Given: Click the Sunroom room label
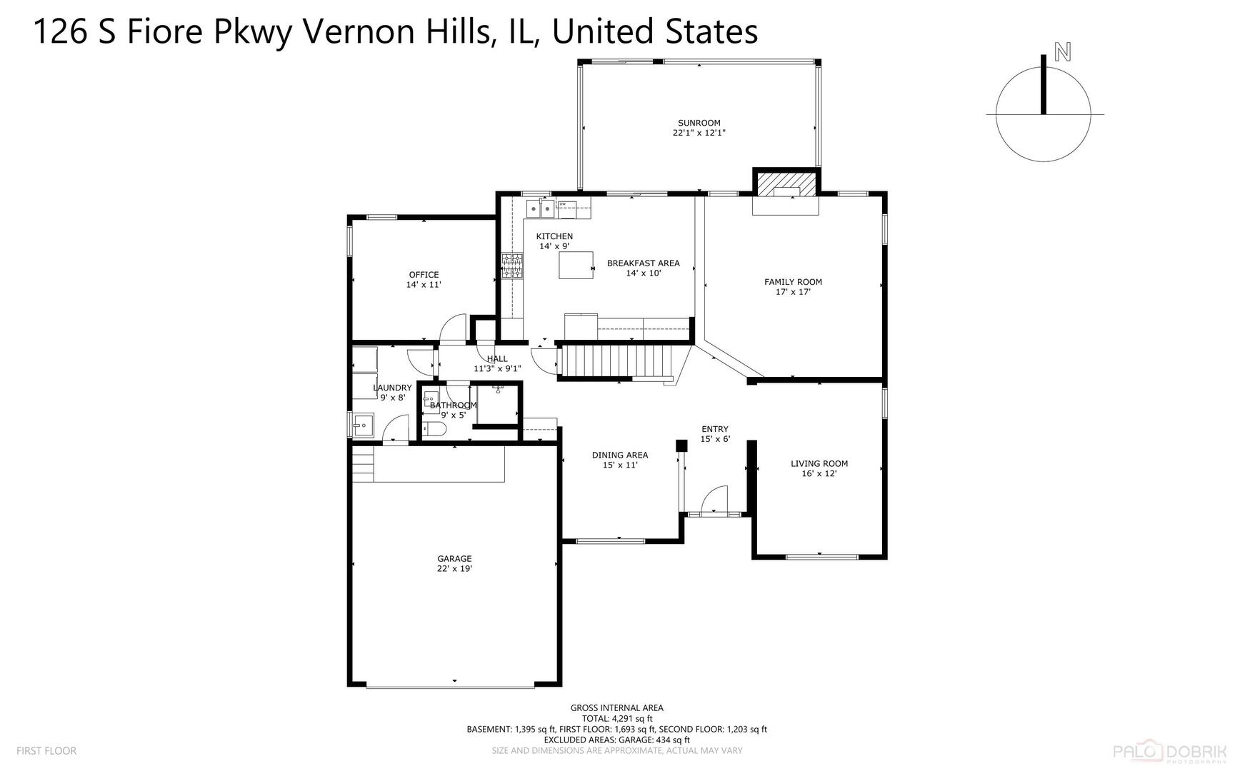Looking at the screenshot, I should [x=699, y=123].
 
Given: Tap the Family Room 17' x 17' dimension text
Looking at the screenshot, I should [x=793, y=292].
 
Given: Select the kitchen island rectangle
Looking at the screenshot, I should [x=576, y=265].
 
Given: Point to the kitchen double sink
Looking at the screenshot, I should [x=541, y=208].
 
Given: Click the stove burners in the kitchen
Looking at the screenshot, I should [x=512, y=266].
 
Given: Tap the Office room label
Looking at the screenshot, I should [x=424, y=275].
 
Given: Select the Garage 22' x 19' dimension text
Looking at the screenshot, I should [x=454, y=569].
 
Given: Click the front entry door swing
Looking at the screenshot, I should [x=715, y=500].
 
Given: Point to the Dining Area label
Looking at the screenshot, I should [x=619, y=455].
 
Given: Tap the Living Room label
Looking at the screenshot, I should [x=819, y=463].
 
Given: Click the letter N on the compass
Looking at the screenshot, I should [x=1063, y=52].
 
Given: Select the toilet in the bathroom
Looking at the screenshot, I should [x=434, y=429].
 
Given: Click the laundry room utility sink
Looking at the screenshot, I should [x=362, y=425].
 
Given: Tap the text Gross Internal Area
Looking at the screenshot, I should [x=616, y=708].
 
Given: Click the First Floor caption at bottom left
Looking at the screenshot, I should [x=46, y=750].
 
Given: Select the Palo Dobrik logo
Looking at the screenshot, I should [x=1173, y=752].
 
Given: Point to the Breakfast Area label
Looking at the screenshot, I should [x=643, y=263].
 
